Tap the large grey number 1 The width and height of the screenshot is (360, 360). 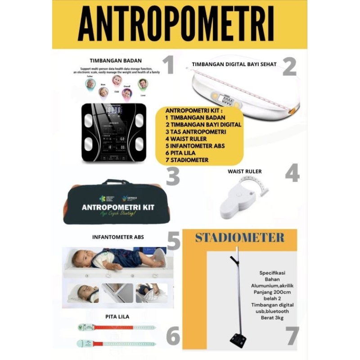[168, 65]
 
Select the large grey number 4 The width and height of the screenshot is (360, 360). [292, 173]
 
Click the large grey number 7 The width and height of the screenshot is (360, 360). [292, 336]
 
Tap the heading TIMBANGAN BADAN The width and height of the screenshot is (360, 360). [116, 60]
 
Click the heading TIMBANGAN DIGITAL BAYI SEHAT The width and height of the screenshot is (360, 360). [234, 64]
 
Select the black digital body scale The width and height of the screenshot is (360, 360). [114, 133]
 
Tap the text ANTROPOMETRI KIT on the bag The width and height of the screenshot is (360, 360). [118, 207]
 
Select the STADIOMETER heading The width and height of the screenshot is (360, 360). [239, 238]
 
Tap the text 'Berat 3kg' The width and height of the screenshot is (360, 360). [273, 318]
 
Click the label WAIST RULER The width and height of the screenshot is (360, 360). [244, 171]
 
